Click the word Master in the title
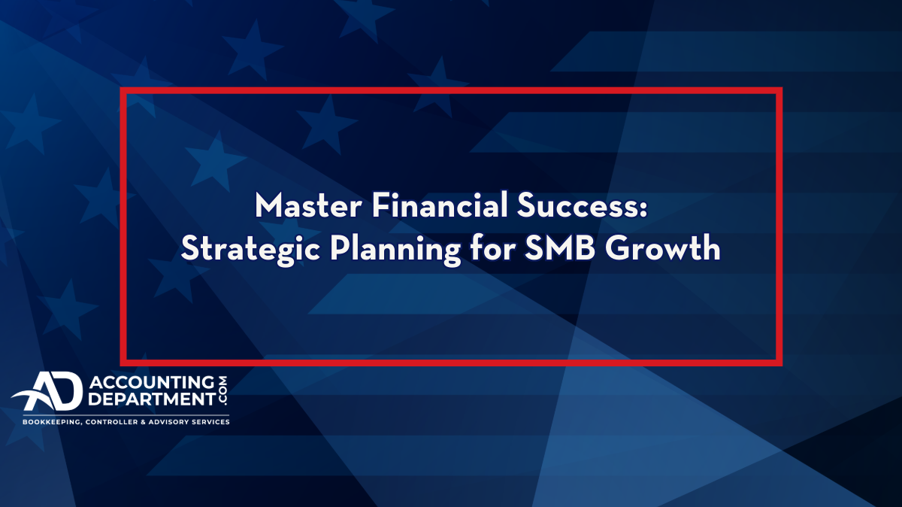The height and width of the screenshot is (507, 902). point(308,205)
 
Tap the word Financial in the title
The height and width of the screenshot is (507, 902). point(440,205)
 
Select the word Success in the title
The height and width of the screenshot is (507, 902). point(577,205)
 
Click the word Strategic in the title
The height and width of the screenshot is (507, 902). point(250,250)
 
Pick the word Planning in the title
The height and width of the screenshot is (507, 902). point(395,250)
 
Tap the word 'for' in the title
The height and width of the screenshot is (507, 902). point(493,247)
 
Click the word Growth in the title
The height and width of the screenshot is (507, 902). point(663,247)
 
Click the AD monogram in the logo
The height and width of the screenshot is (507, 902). point(48,391)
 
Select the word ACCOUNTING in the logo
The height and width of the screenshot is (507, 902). point(152,382)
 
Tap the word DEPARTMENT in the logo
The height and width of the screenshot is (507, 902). point(152,399)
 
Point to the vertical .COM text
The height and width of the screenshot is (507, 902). point(222,390)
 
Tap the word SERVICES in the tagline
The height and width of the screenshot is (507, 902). point(209,422)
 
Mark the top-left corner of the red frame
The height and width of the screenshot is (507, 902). point(120,87)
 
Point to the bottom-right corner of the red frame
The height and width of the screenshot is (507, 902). point(782,366)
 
